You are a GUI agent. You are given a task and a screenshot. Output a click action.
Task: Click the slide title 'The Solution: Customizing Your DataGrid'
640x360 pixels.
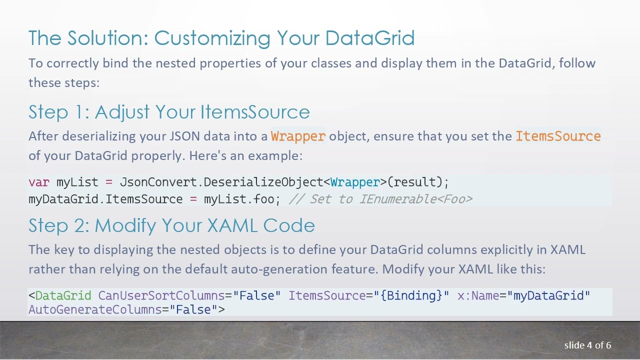221,38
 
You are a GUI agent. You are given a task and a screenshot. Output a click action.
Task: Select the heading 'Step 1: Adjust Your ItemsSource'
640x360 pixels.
169,111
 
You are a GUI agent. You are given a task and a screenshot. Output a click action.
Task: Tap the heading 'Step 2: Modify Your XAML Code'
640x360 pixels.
171,225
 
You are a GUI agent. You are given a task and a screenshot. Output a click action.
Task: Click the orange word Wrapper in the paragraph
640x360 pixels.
298,136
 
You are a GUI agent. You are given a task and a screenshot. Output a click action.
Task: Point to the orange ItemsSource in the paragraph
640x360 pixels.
558,136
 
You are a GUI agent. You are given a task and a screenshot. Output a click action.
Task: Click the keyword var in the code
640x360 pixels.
39,182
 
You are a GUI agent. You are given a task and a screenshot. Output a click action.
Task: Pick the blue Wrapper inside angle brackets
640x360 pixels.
355,182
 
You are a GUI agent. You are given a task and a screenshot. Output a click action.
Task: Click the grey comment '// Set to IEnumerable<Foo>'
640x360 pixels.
380,199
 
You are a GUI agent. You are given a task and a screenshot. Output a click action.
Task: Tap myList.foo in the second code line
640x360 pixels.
239,199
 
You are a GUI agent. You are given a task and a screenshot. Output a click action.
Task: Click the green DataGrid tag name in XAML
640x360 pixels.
63,295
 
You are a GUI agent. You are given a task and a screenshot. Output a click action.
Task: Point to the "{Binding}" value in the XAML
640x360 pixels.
411,295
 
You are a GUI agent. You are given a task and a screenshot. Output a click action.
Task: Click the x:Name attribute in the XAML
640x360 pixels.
478,295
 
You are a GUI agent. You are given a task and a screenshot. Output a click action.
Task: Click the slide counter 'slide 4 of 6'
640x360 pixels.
587,345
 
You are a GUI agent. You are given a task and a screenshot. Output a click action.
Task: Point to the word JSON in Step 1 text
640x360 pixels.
185,136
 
